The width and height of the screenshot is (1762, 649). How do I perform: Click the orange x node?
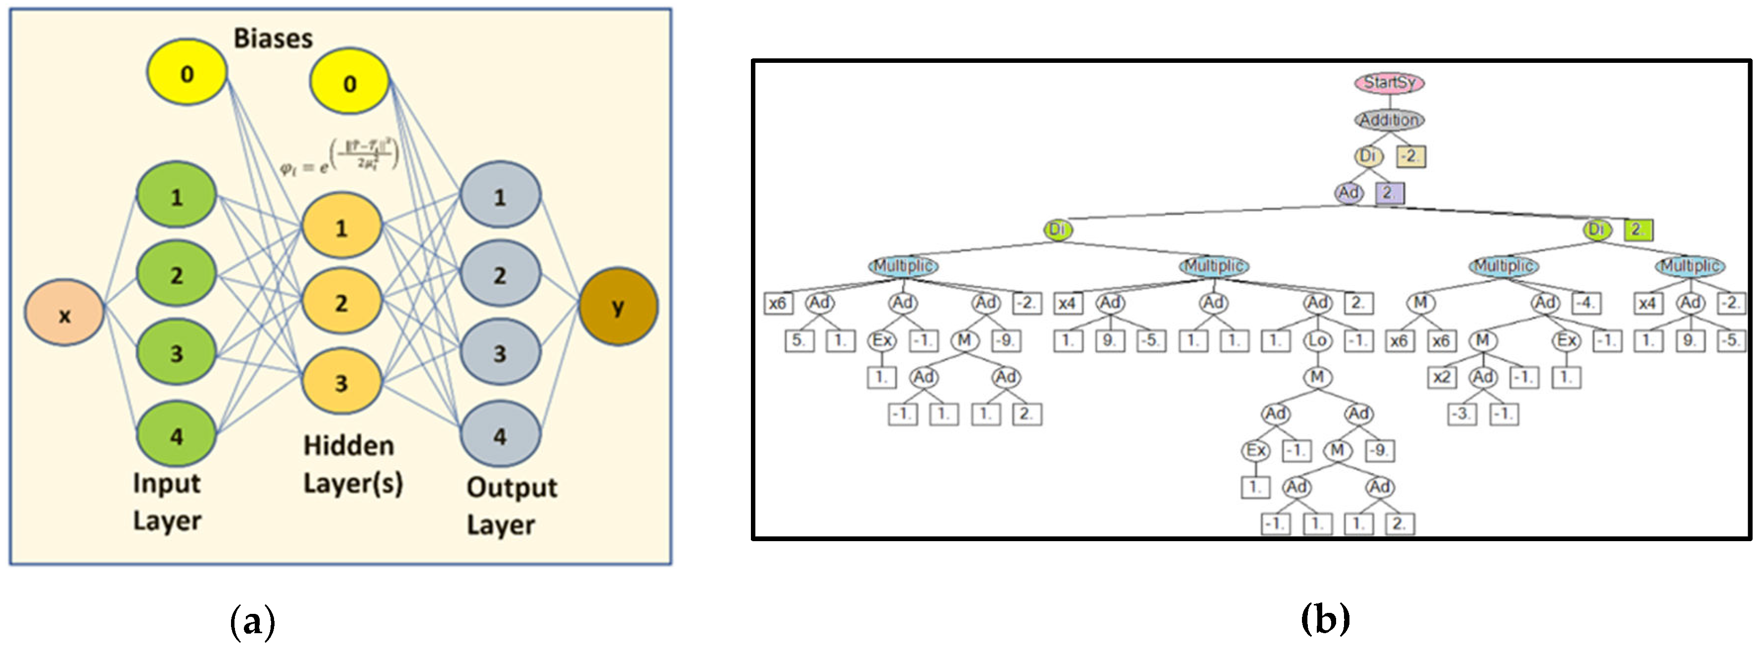(x=64, y=313)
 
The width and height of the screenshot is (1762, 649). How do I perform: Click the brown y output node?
(x=618, y=306)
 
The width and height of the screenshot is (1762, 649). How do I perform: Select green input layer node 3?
(x=177, y=352)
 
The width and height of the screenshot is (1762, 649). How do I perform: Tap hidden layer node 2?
(x=341, y=302)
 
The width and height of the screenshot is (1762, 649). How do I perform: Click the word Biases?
(x=273, y=38)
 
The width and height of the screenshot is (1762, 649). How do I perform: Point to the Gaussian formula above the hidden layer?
(x=339, y=157)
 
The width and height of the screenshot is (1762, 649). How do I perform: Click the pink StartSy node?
(x=1389, y=83)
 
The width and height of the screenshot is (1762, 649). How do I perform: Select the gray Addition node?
(x=1389, y=120)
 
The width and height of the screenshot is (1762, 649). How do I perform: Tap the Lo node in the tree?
(x=1317, y=340)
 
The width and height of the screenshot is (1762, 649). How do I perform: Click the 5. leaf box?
(x=799, y=340)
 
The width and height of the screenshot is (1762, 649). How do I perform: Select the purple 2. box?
(x=1389, y=193)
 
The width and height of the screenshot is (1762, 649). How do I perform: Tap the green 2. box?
(x=1638, y=230)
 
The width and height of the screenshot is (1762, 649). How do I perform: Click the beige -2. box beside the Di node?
(x=1410, y=157)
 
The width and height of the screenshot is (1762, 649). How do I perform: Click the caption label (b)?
(x=1325, y=619)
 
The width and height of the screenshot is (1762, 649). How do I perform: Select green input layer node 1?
(x=177, y=196)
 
